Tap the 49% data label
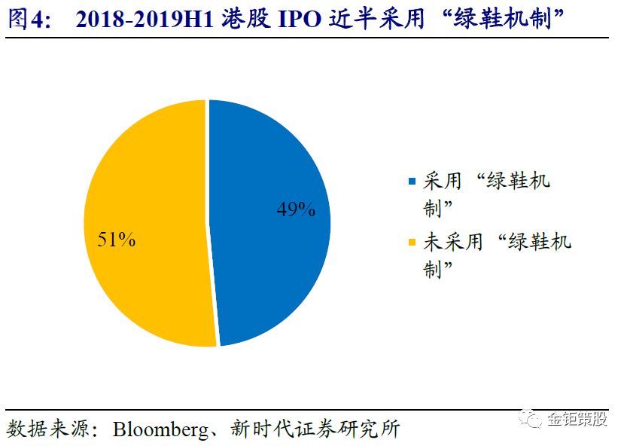coord(296,209)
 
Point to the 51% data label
coord(117,240)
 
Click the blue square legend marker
coord(411,182)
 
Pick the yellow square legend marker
coord(411,242)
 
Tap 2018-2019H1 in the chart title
coord(145,20)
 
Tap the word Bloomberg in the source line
coord(158,429)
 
